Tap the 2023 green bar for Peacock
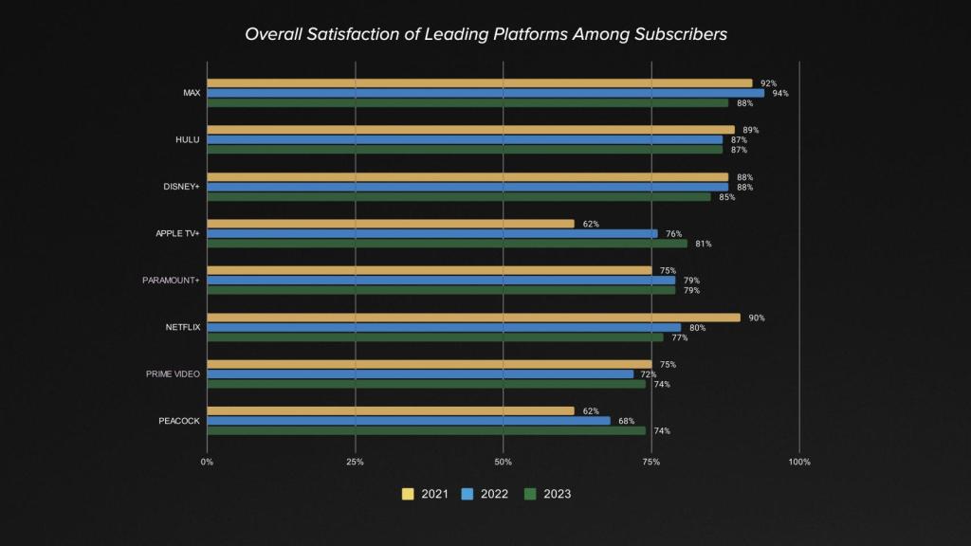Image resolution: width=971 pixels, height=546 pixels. [426, 430]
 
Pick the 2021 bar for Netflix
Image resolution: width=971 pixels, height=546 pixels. [473, 318]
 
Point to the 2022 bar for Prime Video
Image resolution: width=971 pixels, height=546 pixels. [420, 373]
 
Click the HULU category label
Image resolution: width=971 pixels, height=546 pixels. [188, 140]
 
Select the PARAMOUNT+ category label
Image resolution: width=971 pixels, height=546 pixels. [171, 281]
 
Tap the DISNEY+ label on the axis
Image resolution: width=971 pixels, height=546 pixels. [182, 187]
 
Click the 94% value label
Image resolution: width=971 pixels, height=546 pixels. [780, 93]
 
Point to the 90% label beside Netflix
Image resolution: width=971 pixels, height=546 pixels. [757, 318]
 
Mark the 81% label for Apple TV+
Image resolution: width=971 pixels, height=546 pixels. [704, 244]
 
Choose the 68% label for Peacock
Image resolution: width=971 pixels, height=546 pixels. [627, 421]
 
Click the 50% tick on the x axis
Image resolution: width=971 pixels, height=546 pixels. [504, 462]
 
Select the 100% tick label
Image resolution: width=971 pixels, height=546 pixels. [799, 462]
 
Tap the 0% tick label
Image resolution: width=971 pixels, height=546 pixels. [207, 462]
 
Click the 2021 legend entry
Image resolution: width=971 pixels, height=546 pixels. [426, 494]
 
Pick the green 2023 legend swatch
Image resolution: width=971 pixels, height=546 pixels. [531, 494]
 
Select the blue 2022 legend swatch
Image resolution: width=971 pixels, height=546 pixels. [467, 494]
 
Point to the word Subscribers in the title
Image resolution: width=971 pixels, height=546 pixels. [680, 34]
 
